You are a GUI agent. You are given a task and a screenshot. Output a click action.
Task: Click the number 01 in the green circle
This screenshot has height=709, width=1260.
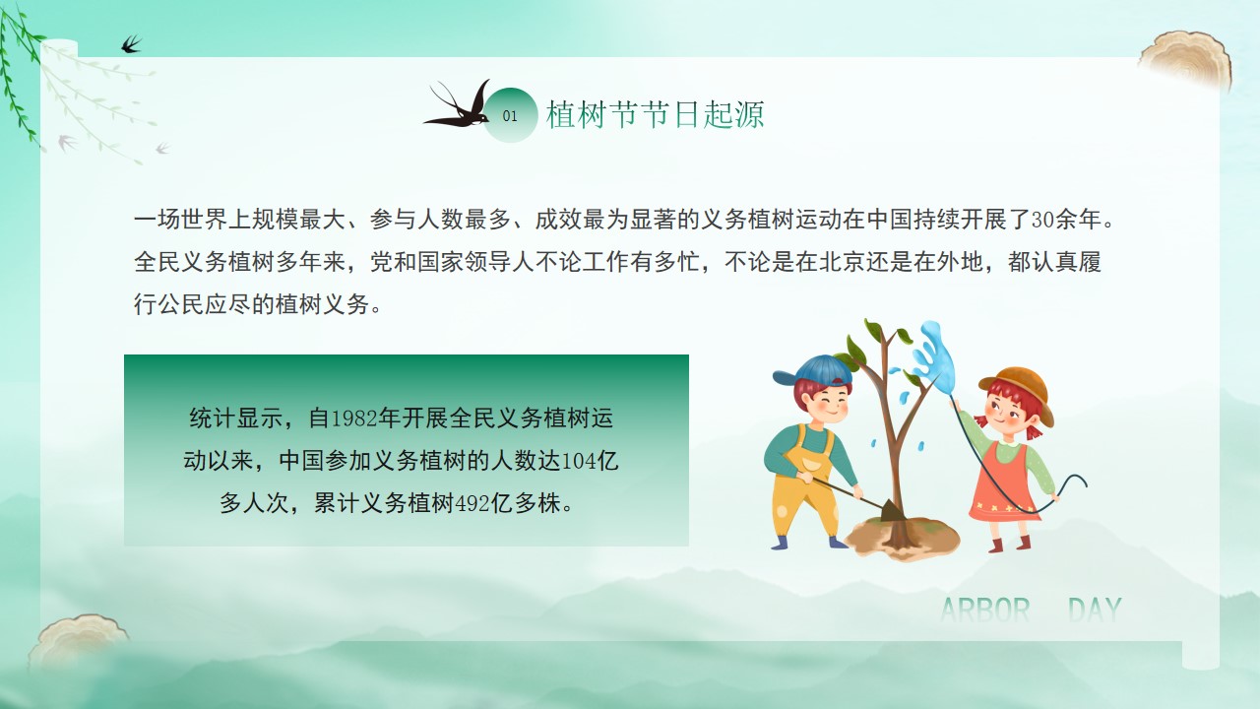coord(510,116)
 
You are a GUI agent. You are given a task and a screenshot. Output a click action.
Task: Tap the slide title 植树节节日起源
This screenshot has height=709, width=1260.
coord(656,115)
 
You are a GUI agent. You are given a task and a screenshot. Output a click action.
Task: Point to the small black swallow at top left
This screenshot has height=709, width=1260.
coord(131,44)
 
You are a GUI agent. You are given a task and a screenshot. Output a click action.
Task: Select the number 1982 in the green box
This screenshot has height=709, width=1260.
coord(353,419)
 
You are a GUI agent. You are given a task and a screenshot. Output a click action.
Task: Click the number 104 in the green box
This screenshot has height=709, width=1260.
coord(579,462)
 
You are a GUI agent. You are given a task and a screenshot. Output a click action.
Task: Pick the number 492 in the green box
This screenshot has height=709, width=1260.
coord(472,503)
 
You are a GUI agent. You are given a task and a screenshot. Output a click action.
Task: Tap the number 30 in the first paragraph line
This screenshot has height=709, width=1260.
coord(1042,220)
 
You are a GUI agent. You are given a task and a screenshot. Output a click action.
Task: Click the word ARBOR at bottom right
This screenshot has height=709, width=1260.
coord(985,610)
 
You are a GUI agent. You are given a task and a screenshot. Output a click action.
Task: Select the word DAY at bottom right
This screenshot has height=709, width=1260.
coord(1095,610)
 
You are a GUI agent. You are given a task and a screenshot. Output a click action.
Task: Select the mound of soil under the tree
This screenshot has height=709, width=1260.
coord(902,539)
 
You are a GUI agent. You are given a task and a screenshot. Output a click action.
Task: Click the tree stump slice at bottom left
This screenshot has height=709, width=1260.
coord(79,641)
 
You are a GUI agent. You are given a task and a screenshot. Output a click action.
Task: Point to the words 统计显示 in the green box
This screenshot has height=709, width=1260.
coord(236,419)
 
